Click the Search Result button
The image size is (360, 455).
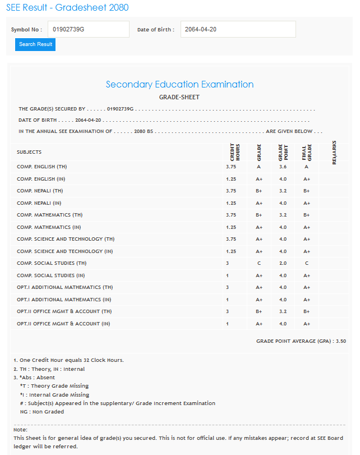tap(35, 44)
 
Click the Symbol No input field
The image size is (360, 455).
tap(88, 29)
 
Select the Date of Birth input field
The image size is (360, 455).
tap(238, 29)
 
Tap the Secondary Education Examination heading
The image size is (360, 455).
tap(179, 85)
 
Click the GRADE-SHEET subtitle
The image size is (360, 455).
tap(179, 97)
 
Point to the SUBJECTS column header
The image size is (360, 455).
tap(29, 152)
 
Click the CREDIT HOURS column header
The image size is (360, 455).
tap(235, 152)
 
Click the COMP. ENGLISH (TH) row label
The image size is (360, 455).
tap(42, 167)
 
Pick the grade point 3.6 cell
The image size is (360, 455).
tap(283, 167)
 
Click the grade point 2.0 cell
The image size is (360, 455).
tap(283, 263)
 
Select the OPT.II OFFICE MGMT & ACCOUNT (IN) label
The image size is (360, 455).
tap(63, 324)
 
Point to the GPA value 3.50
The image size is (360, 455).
tap(340, 341)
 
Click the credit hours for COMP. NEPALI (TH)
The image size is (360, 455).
tap(231, 191)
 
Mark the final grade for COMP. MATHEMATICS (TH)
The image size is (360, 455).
tap(306, 215)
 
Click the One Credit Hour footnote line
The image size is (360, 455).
tap(68, 360)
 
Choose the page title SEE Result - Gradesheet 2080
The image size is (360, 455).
tap(67, 7)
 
